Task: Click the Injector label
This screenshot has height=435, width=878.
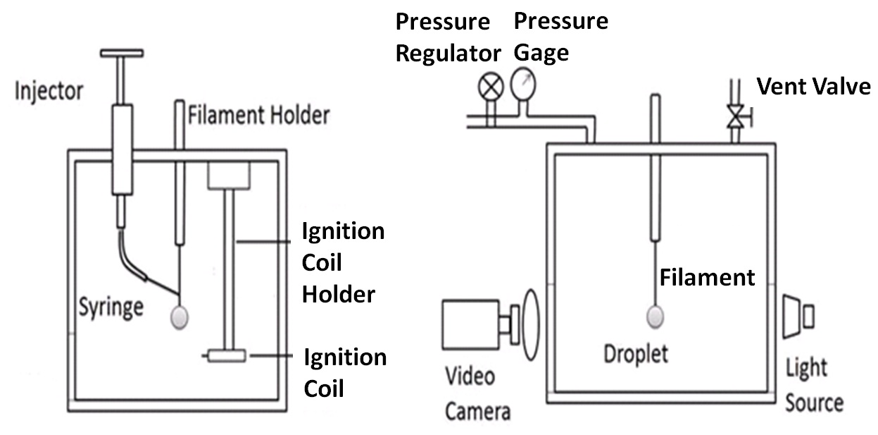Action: (x=49, y=91)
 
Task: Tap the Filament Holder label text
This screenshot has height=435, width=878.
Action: (x=258, y=114)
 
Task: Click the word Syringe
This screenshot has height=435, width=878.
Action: (x=111, y=307)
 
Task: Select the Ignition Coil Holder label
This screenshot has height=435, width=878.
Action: (x=343, y=262)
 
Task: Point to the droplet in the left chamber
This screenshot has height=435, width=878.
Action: (x=180, y=317)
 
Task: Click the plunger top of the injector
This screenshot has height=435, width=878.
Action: (x=122, y=53)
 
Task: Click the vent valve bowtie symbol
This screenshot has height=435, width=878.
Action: (x=736, y=116)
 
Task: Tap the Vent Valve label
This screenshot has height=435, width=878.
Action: (x=813, y=87)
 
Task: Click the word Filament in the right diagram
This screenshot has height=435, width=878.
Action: (x=707, y=277)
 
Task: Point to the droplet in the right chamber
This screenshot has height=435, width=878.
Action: (x=656, y=317)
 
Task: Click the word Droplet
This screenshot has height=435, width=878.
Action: (x=636, y=353)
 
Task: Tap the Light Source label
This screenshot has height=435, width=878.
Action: (x=813, y=385)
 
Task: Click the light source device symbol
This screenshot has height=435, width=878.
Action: (x=798, y=315)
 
